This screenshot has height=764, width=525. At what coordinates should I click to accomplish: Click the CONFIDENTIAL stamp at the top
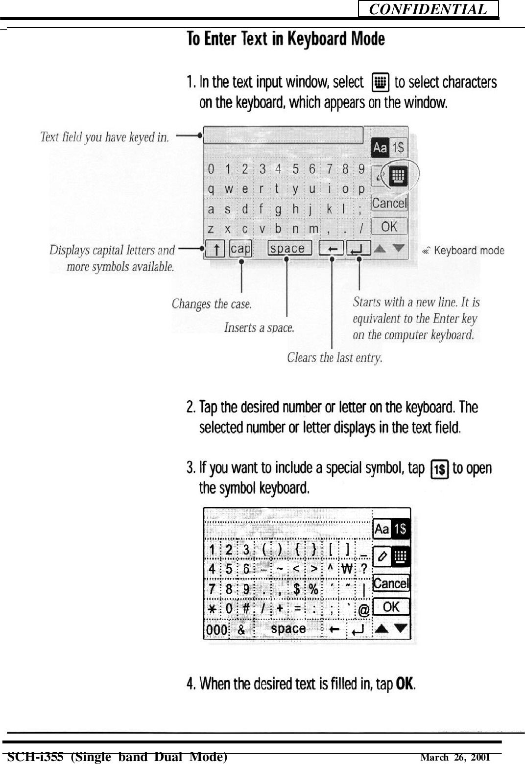pyautogui.click(x=428, y=9)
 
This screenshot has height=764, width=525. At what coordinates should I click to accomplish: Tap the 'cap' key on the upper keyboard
pyautogui.click(x=240, y=249)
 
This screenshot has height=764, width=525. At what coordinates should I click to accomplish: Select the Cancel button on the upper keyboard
pyautogui.click(x=389, y=203)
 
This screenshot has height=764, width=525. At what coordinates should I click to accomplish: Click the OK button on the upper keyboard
pyautogui.click(x=389, y=227)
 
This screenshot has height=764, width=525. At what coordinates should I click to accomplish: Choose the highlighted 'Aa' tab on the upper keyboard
pyautogui.click(x=380, y=148)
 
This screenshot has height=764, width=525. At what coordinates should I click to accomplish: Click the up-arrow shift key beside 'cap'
pyautogui.click(x=215, y=249)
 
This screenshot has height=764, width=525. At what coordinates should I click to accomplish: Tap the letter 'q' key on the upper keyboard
pyautogui.click(x=211, y=189)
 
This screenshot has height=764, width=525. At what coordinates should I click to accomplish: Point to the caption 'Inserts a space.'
pyautogui.click(x=259, y=327)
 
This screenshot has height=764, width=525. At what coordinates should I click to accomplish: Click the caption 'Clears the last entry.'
pyautogui.click(x=334, y=358)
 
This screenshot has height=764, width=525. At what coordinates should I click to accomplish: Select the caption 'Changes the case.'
pyautogui.click(x=212, y=304)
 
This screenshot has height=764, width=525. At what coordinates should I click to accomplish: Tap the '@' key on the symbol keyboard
pyautogui.click(x=364, y=610)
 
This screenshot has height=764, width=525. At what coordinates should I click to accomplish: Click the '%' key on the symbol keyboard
pyautogui.click(x=313, y=589)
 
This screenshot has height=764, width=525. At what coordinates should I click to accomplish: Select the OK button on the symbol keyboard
pyautogui.click(x=391, y=607)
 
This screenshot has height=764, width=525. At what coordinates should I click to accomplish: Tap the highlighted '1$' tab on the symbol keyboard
pyautogui.click(x=400, y=529)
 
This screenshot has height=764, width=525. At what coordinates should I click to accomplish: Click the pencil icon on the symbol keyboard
pyautogui.click(x=382, y=556)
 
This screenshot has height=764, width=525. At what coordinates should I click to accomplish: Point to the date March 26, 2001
pyautogui.click(x=455, y=758)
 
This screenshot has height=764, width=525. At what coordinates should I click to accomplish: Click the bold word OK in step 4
pyautogui.click(x=405, y=683)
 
